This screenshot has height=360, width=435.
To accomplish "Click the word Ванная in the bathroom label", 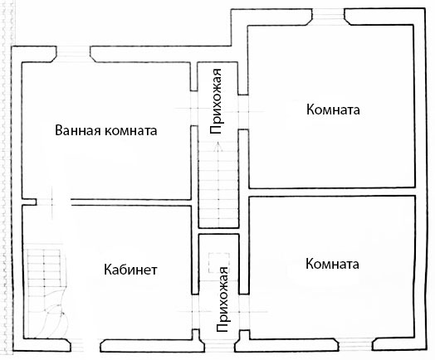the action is click(78, 130).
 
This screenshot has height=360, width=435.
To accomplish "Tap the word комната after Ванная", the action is click(131, 131).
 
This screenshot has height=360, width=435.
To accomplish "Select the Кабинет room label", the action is click(130, 270).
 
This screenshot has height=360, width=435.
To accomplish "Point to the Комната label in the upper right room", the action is click(333, 109).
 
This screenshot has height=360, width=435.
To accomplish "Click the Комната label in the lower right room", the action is click(332, 264).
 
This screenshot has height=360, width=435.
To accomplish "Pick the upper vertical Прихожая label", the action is click(216, 101).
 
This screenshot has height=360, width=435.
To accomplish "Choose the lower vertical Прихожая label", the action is click(222, 299).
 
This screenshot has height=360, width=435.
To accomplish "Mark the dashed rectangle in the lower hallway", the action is click(219, 263).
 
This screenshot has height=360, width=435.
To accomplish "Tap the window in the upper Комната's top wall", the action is click(329, 17).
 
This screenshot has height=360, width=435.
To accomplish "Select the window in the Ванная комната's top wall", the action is click(74, 54).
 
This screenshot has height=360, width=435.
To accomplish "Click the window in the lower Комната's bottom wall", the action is click(355, 345).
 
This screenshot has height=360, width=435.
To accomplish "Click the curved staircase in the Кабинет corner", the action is click(46, 292).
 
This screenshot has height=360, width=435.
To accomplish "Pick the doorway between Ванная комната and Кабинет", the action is click(53, 202).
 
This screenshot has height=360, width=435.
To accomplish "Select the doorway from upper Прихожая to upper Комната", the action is click(243, 112).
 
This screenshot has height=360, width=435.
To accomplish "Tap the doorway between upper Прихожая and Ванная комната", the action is click(194, 108).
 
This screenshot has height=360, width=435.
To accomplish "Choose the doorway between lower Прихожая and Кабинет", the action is click(196, 312).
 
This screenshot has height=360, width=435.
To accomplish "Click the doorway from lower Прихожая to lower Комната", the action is click(244, 312).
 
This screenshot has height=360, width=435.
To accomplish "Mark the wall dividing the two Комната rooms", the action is click(332, 192).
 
